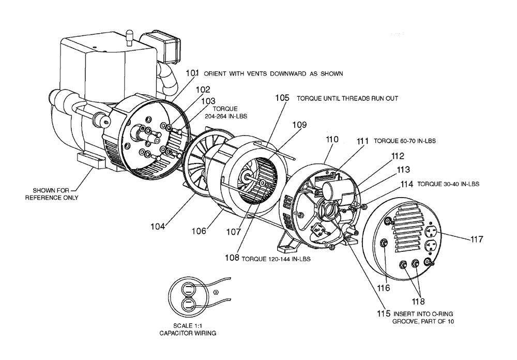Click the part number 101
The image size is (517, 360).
click(192, 73)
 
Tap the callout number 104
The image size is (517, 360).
click(159, 226)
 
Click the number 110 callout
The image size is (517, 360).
click(332, 139)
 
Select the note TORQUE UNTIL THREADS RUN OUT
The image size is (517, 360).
click(347, 98)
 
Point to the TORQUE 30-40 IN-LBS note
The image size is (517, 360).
click(448, 184)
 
